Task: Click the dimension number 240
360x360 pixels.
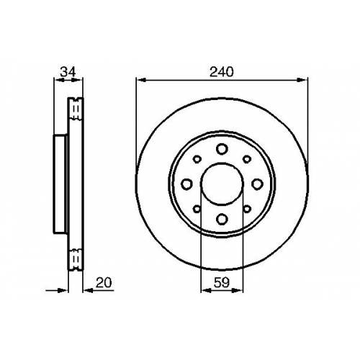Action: tap(221, 72)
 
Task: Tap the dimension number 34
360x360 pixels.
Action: tap(68, 72)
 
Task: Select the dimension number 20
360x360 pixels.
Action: tap(104, 282)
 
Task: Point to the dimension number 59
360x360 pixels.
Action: tap(222, 282)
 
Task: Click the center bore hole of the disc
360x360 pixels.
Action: tap(222, 184)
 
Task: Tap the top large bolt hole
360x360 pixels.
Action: tap(222, 149)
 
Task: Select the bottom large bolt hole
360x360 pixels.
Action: tap(222, 219)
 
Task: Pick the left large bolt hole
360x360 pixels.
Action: tap(186, 184)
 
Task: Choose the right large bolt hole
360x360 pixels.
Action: tap(257, 184)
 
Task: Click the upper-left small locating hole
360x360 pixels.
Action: tap(197, 159)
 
